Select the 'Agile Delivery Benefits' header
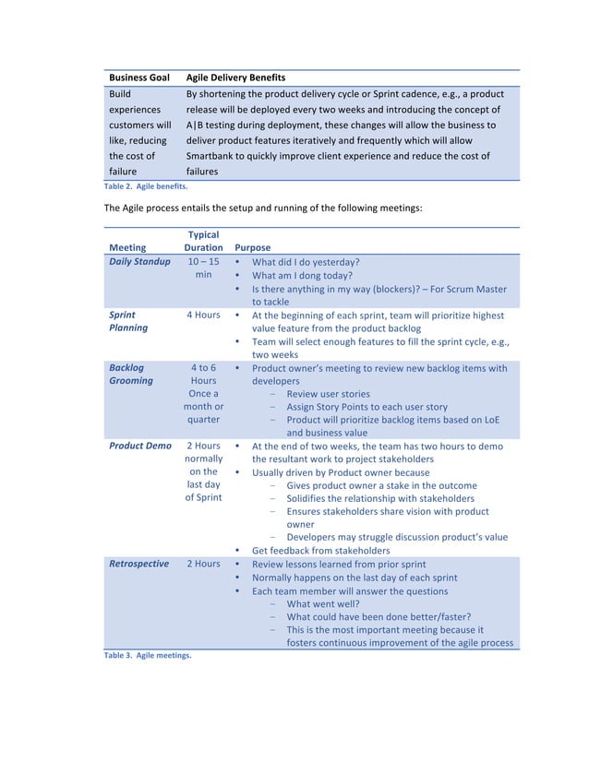pos(235,77)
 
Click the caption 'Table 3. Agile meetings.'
pos(147,656)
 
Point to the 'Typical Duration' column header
pos(203,241)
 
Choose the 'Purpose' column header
pos(253,247)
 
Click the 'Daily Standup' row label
pos(139,262)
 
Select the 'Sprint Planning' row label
pos(128,321)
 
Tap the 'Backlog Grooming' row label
pos(131,374)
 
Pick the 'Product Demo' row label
pos(140,446)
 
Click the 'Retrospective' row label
pos(138,564)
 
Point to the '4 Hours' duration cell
pos(203,315)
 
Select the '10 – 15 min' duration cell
pos(203,268)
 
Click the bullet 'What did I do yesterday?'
pos(306,262)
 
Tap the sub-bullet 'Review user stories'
pos(328,394)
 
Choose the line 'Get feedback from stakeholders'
pos(321,551)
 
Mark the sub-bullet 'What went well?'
pos(320,604)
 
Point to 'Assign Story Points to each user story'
pos(367,407)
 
